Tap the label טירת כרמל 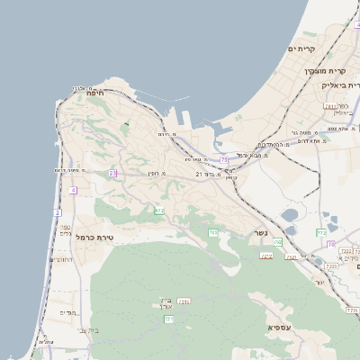93,237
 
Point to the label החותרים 61,258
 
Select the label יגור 319,282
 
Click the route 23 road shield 112,173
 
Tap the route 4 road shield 72,191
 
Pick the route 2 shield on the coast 57,213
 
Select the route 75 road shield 223,159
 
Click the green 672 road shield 159,211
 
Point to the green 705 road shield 213,233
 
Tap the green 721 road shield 168,319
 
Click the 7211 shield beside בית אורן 184,301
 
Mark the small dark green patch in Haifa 126,123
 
